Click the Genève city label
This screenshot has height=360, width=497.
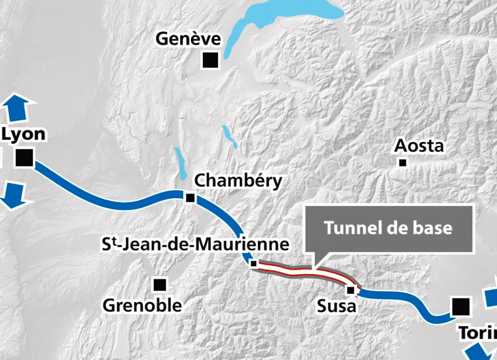188,39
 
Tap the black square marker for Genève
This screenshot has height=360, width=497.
210,60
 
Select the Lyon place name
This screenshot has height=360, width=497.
24,134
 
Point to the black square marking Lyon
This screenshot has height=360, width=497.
24,158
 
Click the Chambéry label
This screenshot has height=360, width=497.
238,181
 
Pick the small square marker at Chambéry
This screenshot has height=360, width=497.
190,198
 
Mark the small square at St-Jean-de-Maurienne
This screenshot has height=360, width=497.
254,264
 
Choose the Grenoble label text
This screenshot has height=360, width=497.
142,305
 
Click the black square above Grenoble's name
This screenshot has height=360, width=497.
160,284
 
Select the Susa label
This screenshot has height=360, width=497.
337,306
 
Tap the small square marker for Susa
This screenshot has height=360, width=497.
350,289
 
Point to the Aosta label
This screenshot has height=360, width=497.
419,146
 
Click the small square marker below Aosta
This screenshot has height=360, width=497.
402,163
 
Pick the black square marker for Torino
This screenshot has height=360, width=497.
460,306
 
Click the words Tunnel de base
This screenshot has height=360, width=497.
388,228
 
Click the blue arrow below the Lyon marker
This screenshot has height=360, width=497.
12,195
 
